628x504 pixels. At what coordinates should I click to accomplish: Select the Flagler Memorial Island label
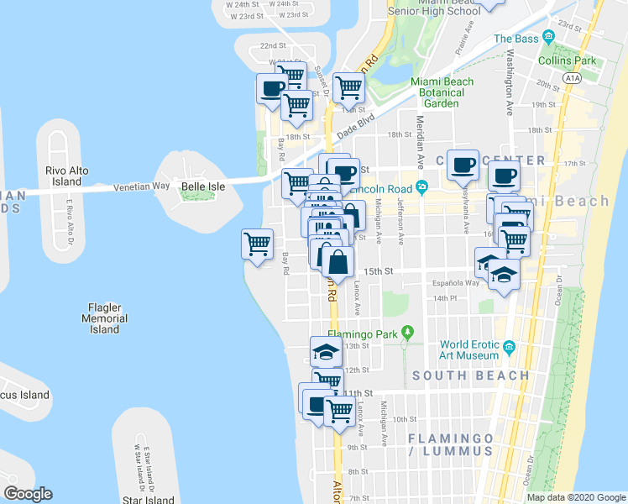coord(105,318)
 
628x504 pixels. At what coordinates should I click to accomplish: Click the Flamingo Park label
coord(366,334)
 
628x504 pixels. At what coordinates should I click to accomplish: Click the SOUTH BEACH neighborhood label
coord(471,375)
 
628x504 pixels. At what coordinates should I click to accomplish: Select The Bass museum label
coord(514,38)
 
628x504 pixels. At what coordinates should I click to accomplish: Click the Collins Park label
coord(568,60)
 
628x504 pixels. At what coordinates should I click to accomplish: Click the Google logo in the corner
coord(28,493)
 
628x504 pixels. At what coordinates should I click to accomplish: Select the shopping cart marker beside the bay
coord(257,245)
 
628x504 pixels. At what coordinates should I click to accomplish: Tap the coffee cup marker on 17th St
coord(461,165)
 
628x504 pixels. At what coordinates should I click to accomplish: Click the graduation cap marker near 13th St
coord(326,352)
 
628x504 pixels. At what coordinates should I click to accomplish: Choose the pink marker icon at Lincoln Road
coord(421,186)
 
